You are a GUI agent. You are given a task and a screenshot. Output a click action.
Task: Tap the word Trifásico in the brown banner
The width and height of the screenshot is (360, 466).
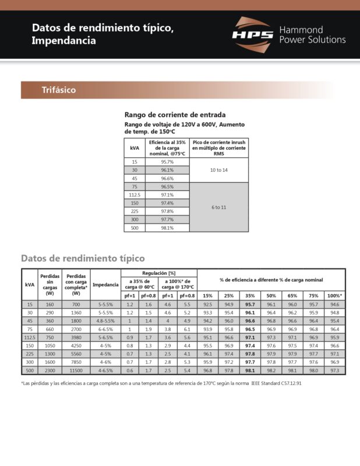[58, 90]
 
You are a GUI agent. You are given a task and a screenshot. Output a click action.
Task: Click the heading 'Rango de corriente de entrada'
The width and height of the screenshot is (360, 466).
[175, 115]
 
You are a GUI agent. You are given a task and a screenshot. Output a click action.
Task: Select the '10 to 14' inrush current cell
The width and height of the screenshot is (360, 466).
[218, 170]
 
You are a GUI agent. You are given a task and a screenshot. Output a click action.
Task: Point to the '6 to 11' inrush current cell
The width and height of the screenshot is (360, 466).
[218, 207]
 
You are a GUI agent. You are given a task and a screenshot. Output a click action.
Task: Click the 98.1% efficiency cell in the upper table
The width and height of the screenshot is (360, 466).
[167, 228]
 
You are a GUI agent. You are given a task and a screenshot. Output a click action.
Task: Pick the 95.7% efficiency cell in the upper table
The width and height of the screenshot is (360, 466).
[167, 161]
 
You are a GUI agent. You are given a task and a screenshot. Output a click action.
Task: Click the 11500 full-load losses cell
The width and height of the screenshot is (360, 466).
[76, 370]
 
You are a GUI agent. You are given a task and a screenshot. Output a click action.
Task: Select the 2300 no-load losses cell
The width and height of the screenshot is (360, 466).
[50, 370]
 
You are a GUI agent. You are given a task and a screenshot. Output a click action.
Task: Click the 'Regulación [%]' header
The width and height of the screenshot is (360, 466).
[158, 273]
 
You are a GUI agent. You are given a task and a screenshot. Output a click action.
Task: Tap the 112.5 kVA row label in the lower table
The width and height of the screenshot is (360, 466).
[30, 337]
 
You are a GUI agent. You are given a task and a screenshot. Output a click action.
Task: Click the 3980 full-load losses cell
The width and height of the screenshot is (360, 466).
[76, 337]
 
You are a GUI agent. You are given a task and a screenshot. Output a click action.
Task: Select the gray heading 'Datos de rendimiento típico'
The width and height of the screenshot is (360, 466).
[83, 258]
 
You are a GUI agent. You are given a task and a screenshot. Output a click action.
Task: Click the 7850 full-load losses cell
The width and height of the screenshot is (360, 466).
[76, 362]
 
